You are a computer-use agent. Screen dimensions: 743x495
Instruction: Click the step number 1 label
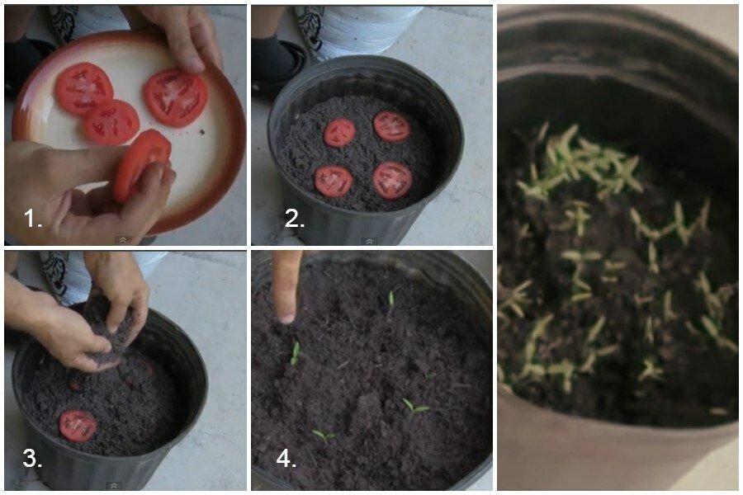click(x=33, y=219)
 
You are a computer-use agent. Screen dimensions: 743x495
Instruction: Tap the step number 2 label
click(x=294, y=219)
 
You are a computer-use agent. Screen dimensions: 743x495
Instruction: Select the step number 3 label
click(x=32, y=459)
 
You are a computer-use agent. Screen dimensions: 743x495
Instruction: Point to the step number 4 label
click(x=286, y=459)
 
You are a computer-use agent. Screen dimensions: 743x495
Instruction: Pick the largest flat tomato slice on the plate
click(x=176, y=97)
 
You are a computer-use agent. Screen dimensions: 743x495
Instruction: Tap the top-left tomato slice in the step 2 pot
click(x=340, y=133)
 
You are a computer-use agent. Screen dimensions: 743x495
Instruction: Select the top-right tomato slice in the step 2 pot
click(x=391, y=126)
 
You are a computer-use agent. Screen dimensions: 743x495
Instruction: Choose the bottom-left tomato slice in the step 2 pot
click(x=334, y=181)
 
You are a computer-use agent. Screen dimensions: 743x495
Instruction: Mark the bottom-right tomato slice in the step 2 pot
click(x=392, y=181)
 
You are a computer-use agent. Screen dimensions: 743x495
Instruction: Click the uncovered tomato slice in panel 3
click(x=78, y=426)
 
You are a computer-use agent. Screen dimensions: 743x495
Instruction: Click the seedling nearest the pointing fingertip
click(x=296, y=353)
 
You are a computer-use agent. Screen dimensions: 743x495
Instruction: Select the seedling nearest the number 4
click(x=324, y=436)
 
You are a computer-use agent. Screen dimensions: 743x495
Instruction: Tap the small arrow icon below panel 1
click(x=123, y=240)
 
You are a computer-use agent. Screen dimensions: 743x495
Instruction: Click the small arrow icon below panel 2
click(x=369, y=241)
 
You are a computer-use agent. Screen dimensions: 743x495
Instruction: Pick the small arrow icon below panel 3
click(x=114, y=486)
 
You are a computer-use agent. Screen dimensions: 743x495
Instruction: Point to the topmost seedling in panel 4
click(x=391, y=299)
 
